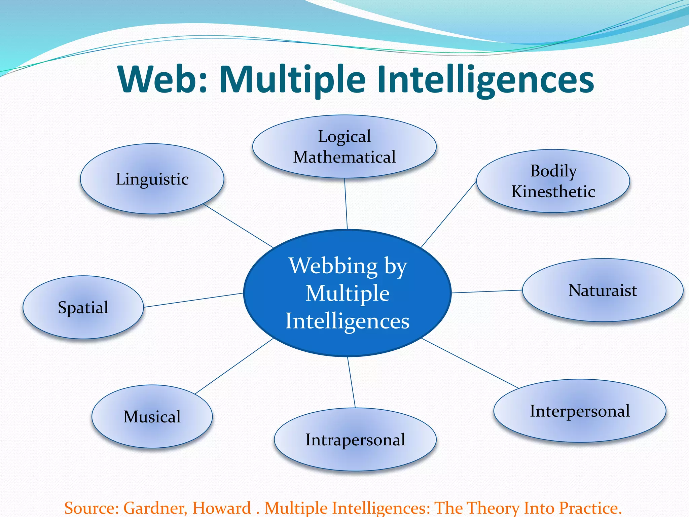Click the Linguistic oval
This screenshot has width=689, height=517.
[152, 179]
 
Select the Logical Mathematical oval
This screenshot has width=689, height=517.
[344, 147]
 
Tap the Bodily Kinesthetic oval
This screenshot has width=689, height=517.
[553, 181]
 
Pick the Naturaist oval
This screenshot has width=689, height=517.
[603, 290]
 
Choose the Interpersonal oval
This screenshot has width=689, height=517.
[580, 411]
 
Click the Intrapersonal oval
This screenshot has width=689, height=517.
[355, 440]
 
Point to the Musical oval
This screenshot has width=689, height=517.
[152, 417]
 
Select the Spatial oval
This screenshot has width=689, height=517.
[83, 307]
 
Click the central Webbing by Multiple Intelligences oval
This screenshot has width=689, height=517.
[347, 293]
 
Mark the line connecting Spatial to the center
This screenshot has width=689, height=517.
[193, 300]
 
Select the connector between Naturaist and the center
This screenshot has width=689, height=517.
[487, 291]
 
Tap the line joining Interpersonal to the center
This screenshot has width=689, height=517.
[470, 364]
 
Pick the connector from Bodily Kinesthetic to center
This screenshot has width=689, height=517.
[449, 214]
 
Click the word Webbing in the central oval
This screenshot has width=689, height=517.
[333, 266]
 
